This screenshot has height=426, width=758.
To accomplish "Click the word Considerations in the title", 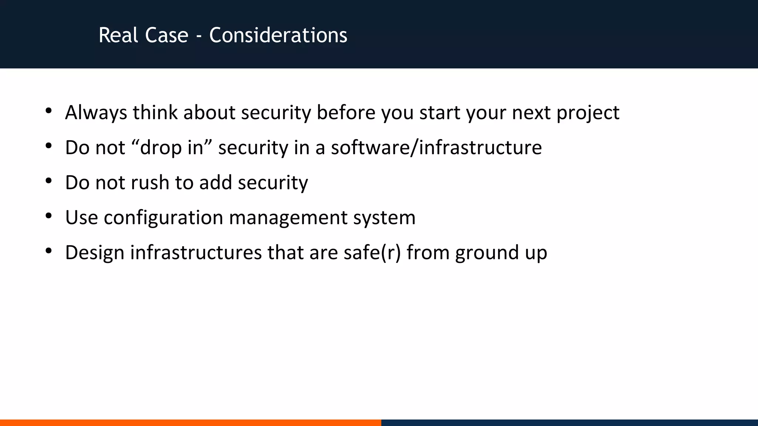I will (x=278, y=35).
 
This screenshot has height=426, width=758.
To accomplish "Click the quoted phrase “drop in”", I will (x=171, y=148).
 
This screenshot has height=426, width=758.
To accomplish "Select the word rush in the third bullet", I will (x=150, y=183).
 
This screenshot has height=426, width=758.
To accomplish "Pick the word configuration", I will (x=163, y=218).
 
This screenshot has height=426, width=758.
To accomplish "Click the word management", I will (x=288, y=218).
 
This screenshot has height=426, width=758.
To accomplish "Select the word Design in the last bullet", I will (x=94, y=253).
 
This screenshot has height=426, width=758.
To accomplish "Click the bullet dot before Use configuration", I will (x=48, y=216).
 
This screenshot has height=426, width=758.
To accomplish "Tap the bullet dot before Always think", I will (x=48, y=111).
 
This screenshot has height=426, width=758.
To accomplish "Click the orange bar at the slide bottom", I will (x=190, y=422).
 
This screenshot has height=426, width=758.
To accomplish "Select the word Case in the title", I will (x=167, y=35).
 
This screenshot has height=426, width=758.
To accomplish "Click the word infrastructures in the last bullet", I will (x=196, y=253).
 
